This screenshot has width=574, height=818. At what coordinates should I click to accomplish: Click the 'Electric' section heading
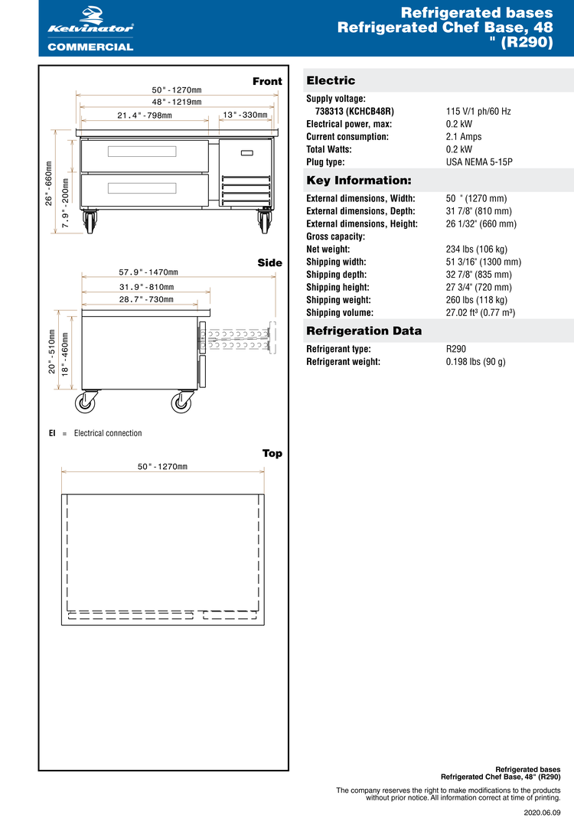tap(331, 80)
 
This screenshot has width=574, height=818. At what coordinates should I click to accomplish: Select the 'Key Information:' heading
tap(359, 181)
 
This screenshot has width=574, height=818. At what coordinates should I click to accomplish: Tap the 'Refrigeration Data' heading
tap(364, 331)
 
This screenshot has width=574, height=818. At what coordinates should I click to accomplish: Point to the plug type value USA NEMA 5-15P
tap(479, 162)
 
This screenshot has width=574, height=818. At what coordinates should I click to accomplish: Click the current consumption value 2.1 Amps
tap(464, 137)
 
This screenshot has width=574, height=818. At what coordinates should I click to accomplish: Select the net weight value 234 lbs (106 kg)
tap(477, 249)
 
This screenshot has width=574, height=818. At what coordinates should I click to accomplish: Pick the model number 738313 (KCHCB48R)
tap(354, 112)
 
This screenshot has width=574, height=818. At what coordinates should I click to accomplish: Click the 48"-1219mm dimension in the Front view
tap(176, 102)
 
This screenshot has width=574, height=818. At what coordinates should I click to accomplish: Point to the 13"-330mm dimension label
tap(245, 116)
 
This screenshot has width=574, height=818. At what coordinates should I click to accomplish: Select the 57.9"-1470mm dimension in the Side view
tap(148, 272)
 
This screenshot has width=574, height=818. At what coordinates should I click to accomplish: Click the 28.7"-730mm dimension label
tap(145, 300)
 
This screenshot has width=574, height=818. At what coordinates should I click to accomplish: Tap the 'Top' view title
tap(272, 454)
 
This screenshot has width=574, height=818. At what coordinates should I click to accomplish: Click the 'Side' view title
tap(269, 263)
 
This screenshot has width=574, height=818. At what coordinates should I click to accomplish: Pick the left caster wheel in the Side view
tap(86, 402)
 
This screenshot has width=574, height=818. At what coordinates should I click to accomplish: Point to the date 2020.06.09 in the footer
tap(542, 810)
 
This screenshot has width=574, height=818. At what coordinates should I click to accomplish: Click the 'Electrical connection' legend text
tap(108, 433)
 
